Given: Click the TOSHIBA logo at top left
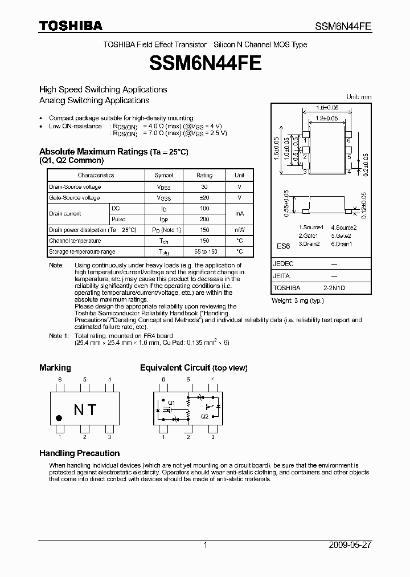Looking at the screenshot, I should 71,26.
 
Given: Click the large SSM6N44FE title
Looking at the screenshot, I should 205,63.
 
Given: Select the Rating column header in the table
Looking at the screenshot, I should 204,175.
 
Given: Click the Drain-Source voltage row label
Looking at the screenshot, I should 75,187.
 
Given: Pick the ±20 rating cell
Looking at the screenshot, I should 204,198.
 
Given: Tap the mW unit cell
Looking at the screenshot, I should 239,230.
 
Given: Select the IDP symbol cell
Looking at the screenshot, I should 164,219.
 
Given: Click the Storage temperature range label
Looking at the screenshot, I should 82,251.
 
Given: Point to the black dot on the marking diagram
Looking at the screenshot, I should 59,418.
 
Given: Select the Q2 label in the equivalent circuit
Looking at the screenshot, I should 204,416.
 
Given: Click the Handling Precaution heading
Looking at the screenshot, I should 79,453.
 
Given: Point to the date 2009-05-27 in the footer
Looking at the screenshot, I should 350,545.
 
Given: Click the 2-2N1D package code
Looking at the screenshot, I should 334,288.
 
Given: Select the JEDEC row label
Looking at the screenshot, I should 283,264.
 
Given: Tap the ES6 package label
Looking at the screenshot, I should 283,246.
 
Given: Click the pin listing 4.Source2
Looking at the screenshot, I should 344,227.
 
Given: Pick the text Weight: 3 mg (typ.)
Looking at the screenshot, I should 297,300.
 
